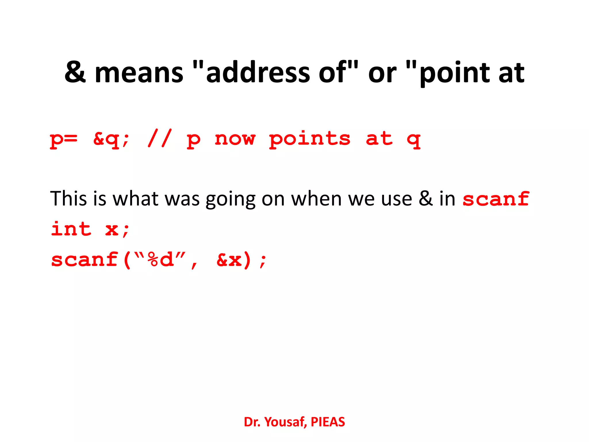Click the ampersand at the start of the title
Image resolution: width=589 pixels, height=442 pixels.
[x=75, y=72]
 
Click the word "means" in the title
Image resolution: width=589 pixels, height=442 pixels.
[x=139, y=73]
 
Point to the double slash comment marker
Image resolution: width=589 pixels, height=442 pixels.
[x=160, y=138]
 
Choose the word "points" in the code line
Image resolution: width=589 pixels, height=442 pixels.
[x=310, y=140]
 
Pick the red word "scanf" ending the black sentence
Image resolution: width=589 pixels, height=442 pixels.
[x=496, y=199]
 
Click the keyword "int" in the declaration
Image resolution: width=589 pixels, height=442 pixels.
[x=71, y=229]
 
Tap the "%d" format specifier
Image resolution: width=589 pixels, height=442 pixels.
[x=160, y=259]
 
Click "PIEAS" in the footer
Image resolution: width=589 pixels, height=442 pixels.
[x=328, y=422]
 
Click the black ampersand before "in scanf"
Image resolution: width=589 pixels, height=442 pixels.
[x=426, y=198]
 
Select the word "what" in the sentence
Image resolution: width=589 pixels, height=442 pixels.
[x=135, y=198]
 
